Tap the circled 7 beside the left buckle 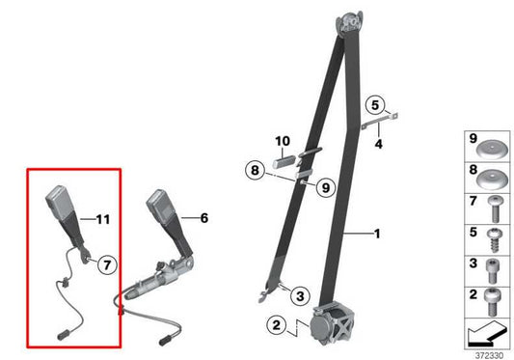[x=107, y=262]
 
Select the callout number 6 [x=203, y=218]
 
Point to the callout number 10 [x=284, y=141]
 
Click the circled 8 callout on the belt [x=254, y=170]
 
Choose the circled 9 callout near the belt [x=323, y=186]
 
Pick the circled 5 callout [x=376, y=105]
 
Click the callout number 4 [x=379, y=144]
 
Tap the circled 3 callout [x=299, y=295]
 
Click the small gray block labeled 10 [x=284, y=162]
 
